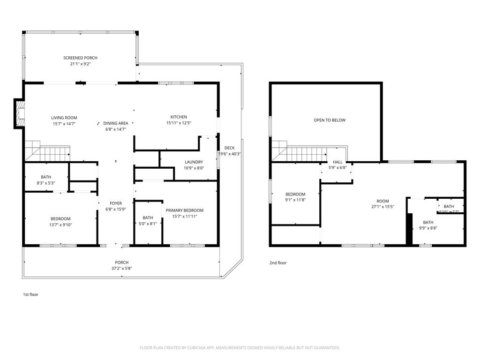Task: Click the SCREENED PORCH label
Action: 80,58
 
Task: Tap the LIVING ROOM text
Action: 64,118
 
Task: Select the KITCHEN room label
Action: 179,117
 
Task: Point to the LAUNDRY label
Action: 194,162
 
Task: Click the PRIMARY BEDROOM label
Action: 185,210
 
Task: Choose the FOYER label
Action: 116,203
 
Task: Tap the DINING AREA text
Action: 116,123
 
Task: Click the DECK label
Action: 229,148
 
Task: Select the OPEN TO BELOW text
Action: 330,120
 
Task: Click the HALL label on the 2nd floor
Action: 337,162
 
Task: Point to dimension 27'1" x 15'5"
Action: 383,207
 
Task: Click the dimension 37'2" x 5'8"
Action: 121,269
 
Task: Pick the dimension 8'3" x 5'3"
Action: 45,183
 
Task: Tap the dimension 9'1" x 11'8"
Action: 295,200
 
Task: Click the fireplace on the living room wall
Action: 19,113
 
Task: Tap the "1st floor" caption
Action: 30,295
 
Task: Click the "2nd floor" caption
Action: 278,263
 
